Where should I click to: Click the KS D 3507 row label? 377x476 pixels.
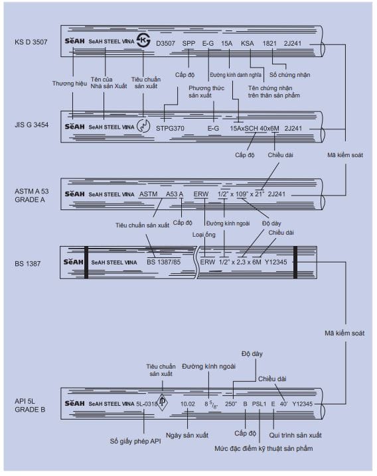[x=31, y=42]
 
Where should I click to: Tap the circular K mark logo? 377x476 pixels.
[x=143, y=40]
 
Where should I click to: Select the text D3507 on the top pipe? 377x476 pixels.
[x=165, y=43]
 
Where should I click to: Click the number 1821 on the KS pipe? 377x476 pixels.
[x=269, y=43]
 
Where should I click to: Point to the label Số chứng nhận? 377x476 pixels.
[x=290, y=75]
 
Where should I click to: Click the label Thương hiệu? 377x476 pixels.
[x=69, y=84]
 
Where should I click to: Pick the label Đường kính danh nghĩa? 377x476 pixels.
[x=236, y=75]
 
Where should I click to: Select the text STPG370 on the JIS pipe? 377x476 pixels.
[x=170, y=129]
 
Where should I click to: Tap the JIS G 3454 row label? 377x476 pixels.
[x=32, y=125]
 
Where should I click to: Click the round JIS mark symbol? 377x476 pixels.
[x=143, y=126]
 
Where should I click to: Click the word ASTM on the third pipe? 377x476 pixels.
[x=149, y=194]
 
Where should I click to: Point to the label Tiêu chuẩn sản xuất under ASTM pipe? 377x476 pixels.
[x=142, y=225]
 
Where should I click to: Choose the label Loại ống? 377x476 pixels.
[x=204, y=235]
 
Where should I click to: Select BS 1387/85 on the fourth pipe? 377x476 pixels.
[x=163, y=262]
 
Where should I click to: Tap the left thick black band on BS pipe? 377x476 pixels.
[x=86, y=263]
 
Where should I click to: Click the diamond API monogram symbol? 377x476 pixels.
[x=162, y=402]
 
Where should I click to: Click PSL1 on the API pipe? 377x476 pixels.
[x=259, y=404]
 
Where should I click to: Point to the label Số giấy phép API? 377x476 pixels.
[x=135, y=442]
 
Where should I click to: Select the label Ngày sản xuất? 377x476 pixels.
[x=187, y=436]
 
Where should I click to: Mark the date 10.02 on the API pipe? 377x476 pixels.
[x=188, y=404]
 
